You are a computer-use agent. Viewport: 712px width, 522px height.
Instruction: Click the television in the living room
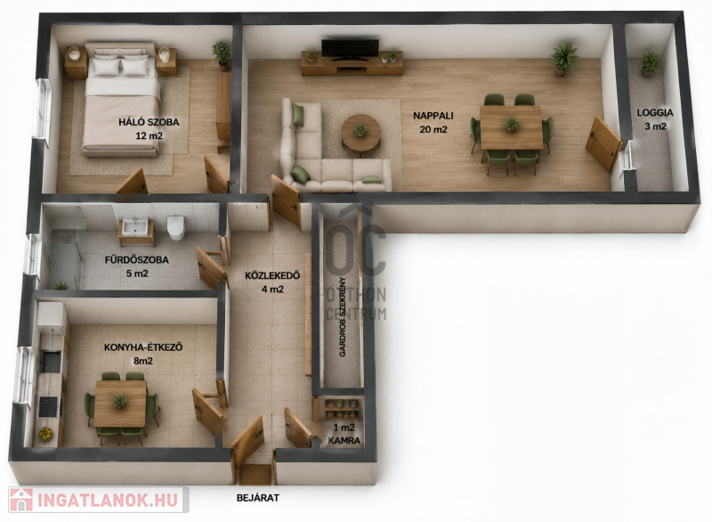(x=350, y=49)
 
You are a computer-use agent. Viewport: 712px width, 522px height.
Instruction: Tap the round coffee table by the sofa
(x=361, y=135)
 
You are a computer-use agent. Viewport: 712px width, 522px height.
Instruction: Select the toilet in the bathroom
(x=175, y=227)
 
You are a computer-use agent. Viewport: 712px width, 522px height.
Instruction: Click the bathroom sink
(x=135, y=226)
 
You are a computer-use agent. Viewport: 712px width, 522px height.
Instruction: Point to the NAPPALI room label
(x=433, y=116)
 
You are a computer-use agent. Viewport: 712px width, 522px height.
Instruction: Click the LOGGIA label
(x=655, y=112)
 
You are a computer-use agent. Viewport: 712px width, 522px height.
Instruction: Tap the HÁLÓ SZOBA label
(x=149, y=122)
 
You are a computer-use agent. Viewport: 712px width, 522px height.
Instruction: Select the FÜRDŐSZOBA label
(x=137, y=260)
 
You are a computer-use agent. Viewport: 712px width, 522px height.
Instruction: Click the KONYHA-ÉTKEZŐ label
(x=143, y=347)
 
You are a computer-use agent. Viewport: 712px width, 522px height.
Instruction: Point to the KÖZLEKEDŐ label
(x=272, y=276)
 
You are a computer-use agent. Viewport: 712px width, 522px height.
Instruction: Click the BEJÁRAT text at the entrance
(x=258, y=498)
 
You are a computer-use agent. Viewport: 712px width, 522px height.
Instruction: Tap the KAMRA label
(x=344, y=440)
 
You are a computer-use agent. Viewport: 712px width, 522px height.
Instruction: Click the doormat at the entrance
(x=255, y=475)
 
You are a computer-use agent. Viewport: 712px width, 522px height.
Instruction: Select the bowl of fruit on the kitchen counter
(x=45, y=434)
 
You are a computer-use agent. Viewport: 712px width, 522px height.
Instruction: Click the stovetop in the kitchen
(x=48, y=406)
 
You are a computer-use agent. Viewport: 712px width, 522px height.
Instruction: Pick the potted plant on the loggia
(x=650, y=63)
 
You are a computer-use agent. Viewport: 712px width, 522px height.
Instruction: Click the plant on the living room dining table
(x=512, y=124)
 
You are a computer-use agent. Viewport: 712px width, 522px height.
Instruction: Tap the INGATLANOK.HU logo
(x=98, y=501)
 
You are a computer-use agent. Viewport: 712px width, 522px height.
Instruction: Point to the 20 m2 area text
(x=433, y=129)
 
